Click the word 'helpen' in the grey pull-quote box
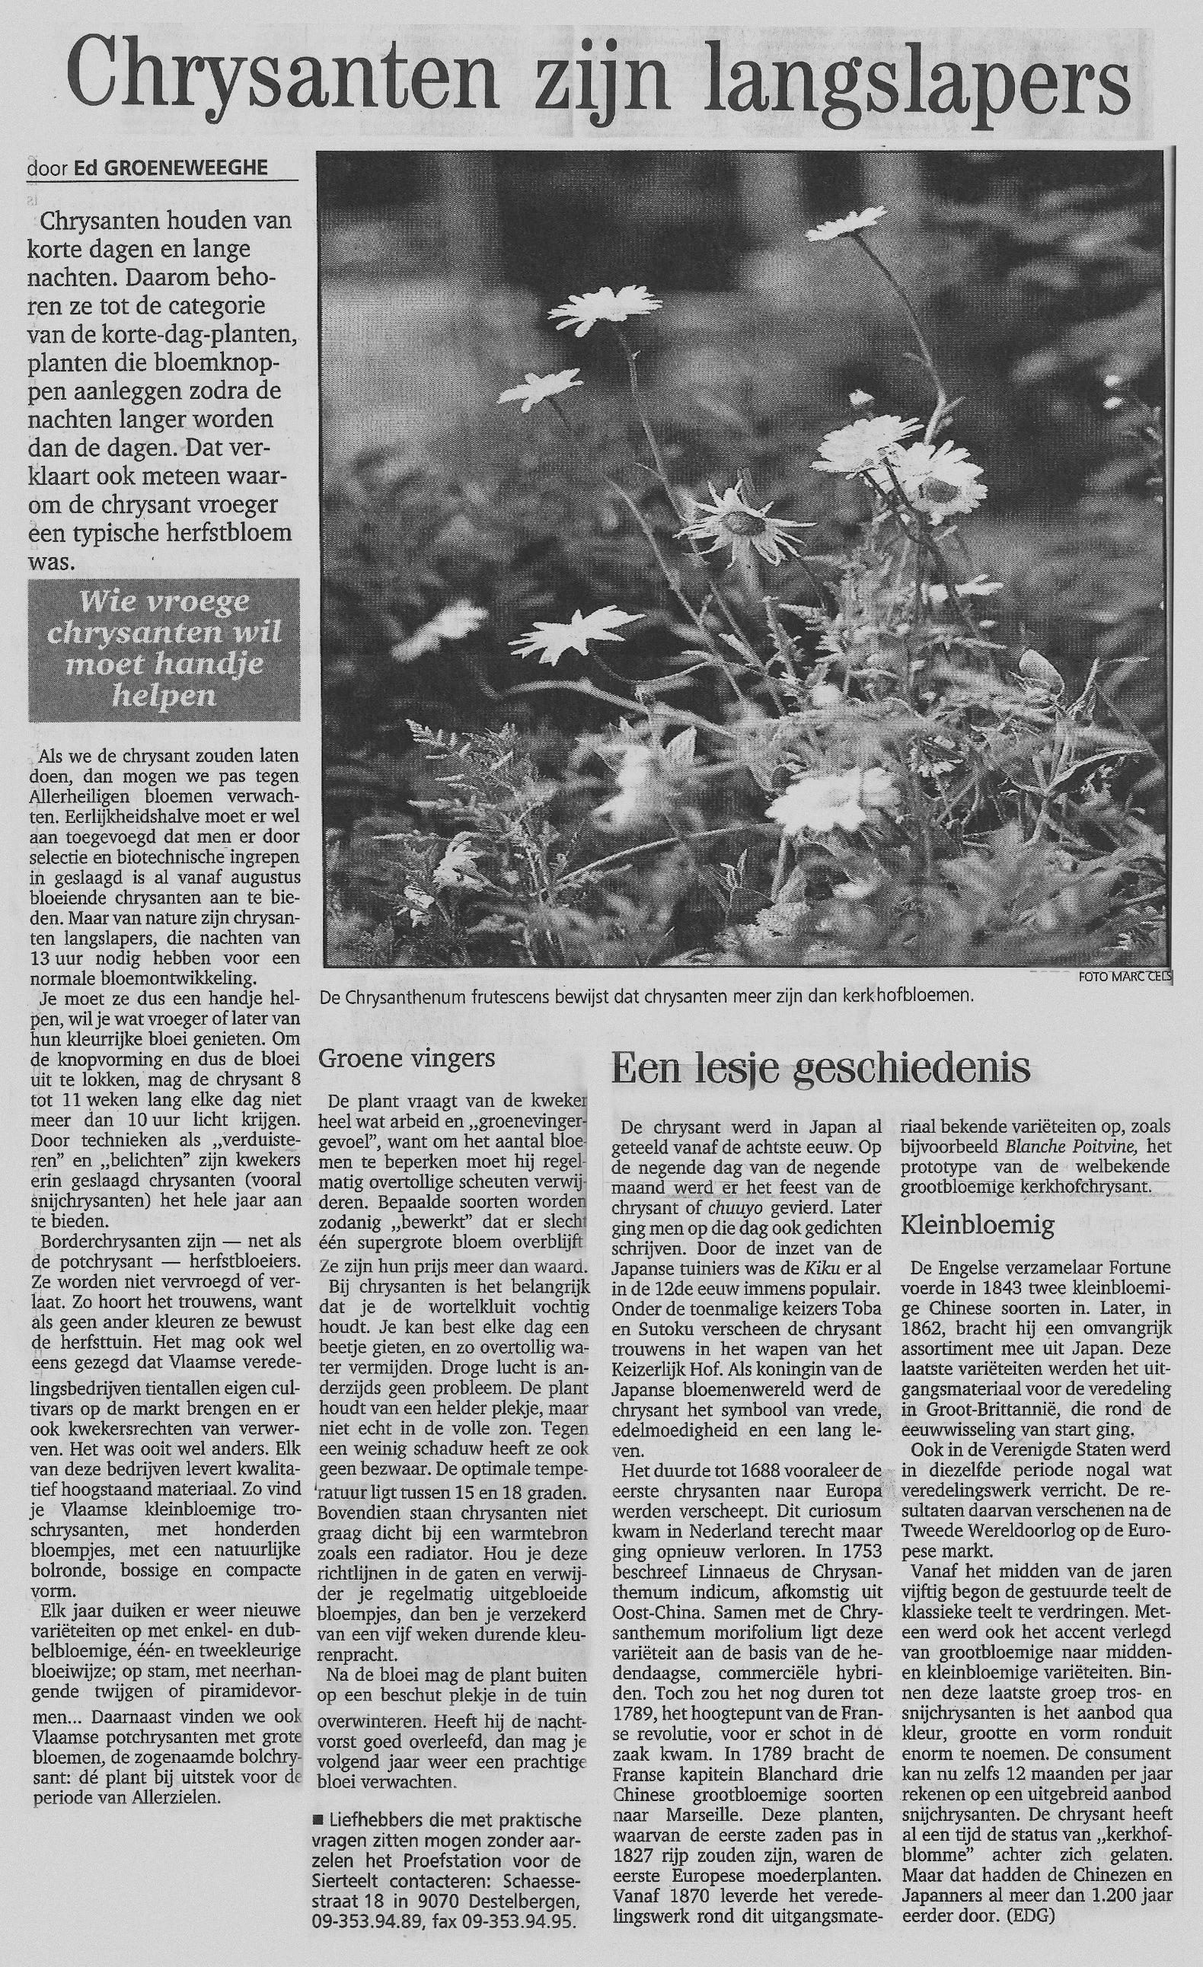(x=164, y=695)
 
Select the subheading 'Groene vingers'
(x=407, y=1058)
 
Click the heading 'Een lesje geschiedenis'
(x=821, y=1069)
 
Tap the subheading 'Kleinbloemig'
(x=977, y=1224)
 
